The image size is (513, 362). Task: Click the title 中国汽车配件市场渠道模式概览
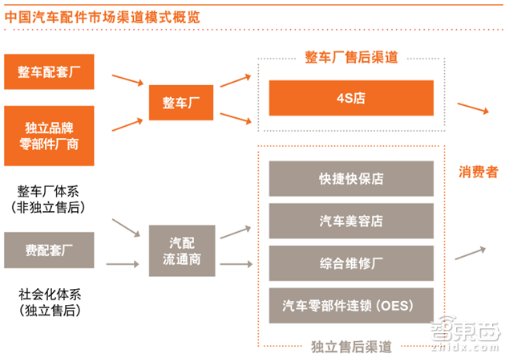point(102,16)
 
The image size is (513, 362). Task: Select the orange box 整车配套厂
point(49,72)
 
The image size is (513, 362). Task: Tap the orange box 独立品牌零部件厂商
point(49,133)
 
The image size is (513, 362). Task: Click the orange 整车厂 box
point(180,103)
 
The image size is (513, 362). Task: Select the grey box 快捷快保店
point(350,178)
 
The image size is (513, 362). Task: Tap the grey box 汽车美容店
point(350,220)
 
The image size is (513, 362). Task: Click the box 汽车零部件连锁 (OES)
point(350,305)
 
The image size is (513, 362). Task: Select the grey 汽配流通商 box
point(180,248)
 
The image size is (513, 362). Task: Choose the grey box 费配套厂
point(49,250)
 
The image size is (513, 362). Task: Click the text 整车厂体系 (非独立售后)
point(49,197)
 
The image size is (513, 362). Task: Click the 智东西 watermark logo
point(471,335)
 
